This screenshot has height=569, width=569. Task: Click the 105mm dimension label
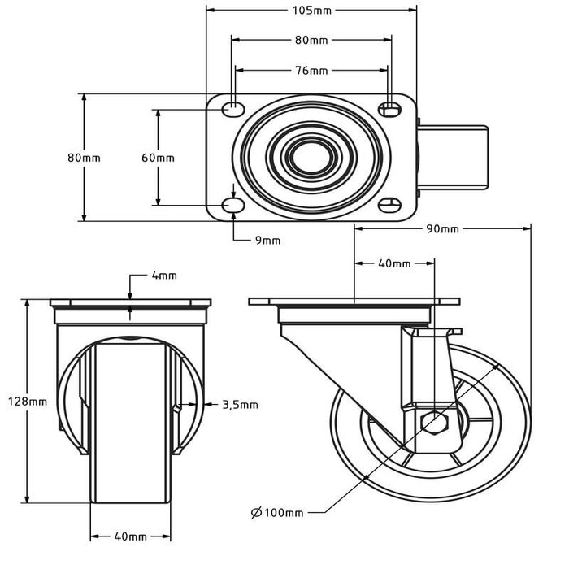click(312, 10)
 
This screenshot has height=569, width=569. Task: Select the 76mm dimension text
click(311, 71)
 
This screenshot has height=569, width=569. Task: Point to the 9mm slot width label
click(267, 240)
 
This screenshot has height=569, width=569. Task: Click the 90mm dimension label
click(443, 229)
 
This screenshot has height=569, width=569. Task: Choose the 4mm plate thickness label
click(164, 276)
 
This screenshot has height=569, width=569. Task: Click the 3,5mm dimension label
click(240, 404)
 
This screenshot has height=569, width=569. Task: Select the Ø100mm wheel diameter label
click(277, 512)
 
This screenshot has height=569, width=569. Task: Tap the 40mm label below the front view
click(131, 536)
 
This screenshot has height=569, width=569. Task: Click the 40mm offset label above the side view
click(395, 263)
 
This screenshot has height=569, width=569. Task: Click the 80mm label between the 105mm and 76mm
click(311, 40)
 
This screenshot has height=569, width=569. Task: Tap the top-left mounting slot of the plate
click(234, 108)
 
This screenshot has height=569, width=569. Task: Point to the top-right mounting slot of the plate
click(390, 108)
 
